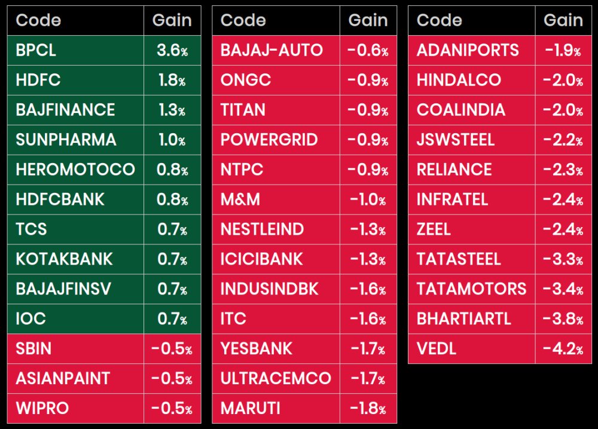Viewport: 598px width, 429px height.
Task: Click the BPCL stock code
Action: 36,50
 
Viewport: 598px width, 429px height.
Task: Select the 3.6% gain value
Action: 172,50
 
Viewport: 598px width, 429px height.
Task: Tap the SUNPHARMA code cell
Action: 66,140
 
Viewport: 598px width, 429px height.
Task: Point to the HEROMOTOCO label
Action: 75,170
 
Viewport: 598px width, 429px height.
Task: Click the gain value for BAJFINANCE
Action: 172,110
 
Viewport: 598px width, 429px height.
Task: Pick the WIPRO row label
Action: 42,409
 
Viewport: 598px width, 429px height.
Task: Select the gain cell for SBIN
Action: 172,349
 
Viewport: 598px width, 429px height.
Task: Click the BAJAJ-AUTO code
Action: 271,50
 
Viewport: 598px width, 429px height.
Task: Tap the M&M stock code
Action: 240,200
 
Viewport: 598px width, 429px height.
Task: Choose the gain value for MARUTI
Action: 368,409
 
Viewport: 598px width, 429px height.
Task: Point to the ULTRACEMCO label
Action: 276,379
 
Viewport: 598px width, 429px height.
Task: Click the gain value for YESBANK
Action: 368,349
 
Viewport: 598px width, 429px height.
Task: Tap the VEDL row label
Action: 437,349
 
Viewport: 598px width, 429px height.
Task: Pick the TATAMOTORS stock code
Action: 472,289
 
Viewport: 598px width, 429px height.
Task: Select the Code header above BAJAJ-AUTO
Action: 243,20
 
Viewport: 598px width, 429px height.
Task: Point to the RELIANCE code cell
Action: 454,170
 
